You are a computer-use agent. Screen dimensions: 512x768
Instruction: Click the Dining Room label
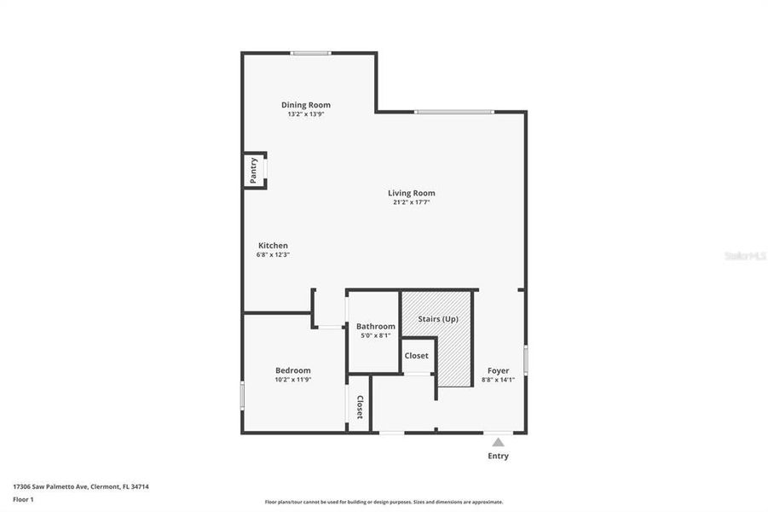pyautogui.click(x=306, y=105)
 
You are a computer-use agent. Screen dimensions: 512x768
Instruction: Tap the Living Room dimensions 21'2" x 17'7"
pyautogui.click(x=412, y=203)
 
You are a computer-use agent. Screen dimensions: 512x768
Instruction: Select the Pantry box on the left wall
pyautogui.click(x=254, y=170)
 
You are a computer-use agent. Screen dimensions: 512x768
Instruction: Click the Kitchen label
pyautogui.click(x=273, y=246)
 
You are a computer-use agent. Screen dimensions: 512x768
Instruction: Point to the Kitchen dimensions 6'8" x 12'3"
pyautogui.click(x=273, y=255)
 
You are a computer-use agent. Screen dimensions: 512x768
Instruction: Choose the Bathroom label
pyautogui.click(x=375, y=326)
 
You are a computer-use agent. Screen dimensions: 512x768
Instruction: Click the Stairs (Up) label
pyautogui.click(x=437, y=319)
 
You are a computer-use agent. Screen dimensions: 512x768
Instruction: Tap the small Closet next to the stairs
pyautogui.click(x=417, y=356)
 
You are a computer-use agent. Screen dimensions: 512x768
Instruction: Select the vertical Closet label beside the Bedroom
pyautogui.click(x=360, y=408)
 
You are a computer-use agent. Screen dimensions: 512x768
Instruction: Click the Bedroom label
pyautogui.click(x=292, y=370)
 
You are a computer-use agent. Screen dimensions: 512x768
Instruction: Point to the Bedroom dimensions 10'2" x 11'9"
pyautogui.click(x=292, y=380)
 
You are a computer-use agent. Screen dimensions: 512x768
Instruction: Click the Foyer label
pyautogui.click(x=498, y=370)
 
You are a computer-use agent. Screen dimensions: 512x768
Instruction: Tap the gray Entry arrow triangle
pyautogui.click(x=498, y=441)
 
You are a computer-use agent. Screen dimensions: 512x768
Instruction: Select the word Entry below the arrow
pyautogui.click(x=498, y=456)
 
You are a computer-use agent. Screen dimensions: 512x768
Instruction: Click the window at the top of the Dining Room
pyautogui.click(x=310, y=53)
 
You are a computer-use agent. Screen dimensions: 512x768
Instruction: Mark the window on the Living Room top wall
pyautogui.click(x=453, y=111)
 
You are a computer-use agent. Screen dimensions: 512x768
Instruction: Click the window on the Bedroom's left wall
pyautogui.click(x=243, y=395)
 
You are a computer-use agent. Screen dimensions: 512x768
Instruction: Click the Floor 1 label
pyautogui.click(x=22, y=498)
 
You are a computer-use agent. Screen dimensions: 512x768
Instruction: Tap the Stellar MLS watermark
pyautogui.click(x=743, y=255)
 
